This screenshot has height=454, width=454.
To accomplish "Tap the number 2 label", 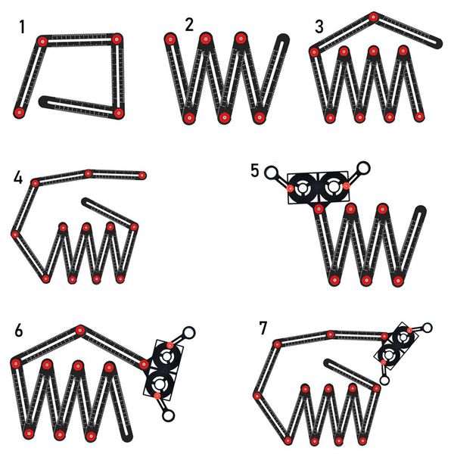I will point(189,24).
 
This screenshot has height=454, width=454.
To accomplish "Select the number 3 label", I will point(319,27).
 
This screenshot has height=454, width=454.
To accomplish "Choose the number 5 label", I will point(256,169).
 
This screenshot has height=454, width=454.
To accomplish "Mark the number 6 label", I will point(19,331).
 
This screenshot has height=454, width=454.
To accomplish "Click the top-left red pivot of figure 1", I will point(44,40).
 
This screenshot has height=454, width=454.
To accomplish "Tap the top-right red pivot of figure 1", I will point(117,39).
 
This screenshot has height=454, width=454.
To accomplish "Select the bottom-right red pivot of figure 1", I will point(119,113).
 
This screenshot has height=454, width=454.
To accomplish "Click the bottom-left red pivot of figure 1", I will point(19,112).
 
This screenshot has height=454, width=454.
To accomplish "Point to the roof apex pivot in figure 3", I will point(373,17).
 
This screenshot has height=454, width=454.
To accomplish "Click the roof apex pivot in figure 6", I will point(79,330).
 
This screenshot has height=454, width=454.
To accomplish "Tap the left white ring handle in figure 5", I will point(270,173).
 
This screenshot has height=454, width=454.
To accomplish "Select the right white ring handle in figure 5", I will point(364,168).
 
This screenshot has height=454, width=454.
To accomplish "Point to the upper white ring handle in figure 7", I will point(428,328).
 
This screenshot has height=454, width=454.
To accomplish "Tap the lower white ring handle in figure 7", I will point(384,381).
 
